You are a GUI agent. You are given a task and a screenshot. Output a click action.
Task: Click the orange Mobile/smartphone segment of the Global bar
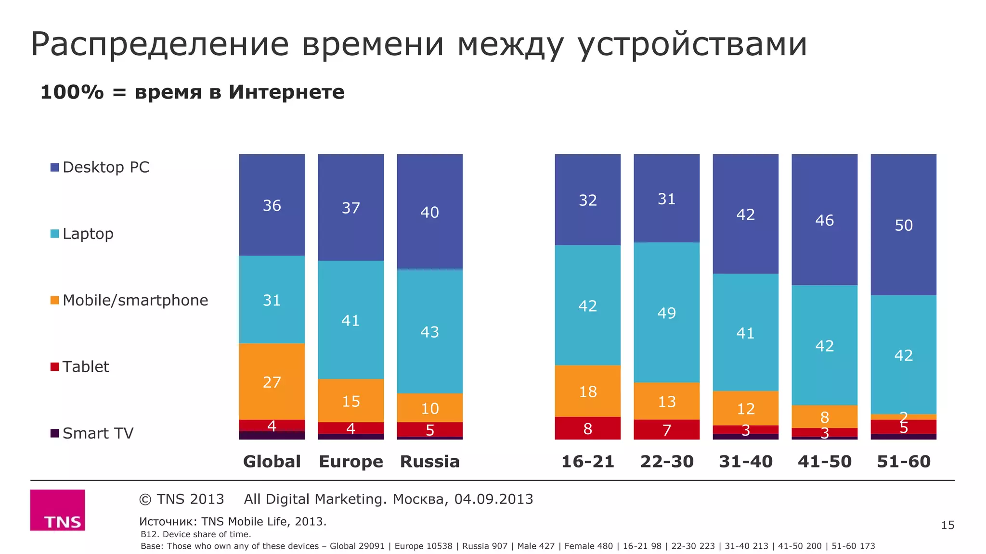(272, 381)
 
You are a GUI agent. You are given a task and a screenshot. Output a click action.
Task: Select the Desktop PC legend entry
(100, 167)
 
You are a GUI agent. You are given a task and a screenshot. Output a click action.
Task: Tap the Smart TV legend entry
(92, 433)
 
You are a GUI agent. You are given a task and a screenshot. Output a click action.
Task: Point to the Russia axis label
(429, 462)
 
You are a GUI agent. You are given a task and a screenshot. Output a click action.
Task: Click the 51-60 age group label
(903, 462)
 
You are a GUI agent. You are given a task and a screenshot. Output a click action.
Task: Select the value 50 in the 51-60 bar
(903, 225)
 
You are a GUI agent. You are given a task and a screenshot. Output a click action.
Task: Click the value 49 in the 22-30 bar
(666, 313)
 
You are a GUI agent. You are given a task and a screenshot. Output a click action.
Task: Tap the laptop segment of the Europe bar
(350, 320)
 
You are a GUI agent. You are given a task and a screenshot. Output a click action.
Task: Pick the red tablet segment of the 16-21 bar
(587, 428)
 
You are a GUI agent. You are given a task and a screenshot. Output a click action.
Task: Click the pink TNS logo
(58, 510)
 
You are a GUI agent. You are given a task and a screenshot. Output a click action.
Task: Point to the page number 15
(947, 525)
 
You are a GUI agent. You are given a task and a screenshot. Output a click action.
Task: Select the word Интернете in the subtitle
(286, 92)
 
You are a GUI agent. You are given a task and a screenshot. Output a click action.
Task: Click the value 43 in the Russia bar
(429, 332)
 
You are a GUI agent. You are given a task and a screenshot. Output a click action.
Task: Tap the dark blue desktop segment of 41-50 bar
(824, 220)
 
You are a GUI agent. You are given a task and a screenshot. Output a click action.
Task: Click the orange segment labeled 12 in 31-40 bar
(745, 408)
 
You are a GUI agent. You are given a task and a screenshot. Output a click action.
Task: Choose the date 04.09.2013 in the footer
(493, 499)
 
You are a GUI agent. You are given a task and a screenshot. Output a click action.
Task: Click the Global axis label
(272, 462)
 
